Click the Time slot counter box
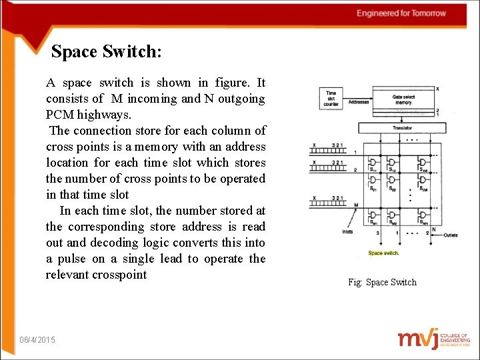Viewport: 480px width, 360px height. [331, 99]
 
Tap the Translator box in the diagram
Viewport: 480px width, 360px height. [401, 127]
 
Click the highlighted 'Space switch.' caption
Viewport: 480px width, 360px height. [383, 253]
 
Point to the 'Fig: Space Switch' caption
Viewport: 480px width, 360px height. [382, 282]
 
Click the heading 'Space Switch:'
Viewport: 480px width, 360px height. [107, 51]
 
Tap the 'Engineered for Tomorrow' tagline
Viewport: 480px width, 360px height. [401, 13]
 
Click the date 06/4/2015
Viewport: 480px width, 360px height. [38, 340]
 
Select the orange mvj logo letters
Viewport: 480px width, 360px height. [418, 338]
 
